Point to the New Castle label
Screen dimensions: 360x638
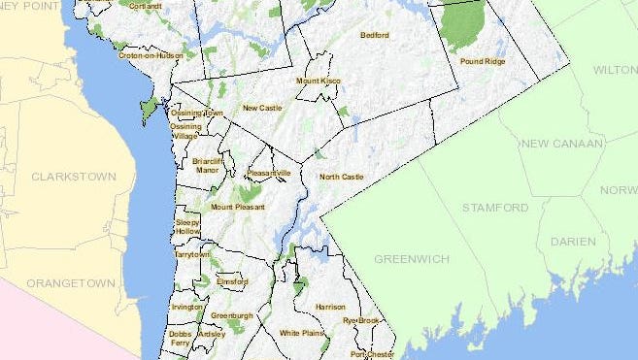(261, 108)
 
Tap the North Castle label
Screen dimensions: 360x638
(341, 177)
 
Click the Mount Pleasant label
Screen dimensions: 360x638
(238, 207)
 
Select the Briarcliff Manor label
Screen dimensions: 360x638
(207, 165)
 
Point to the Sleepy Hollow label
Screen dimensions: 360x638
(187, 227)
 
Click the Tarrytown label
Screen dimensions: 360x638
(192, 254)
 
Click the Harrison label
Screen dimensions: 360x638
(330, 307)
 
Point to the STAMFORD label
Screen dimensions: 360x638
(495, 208)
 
